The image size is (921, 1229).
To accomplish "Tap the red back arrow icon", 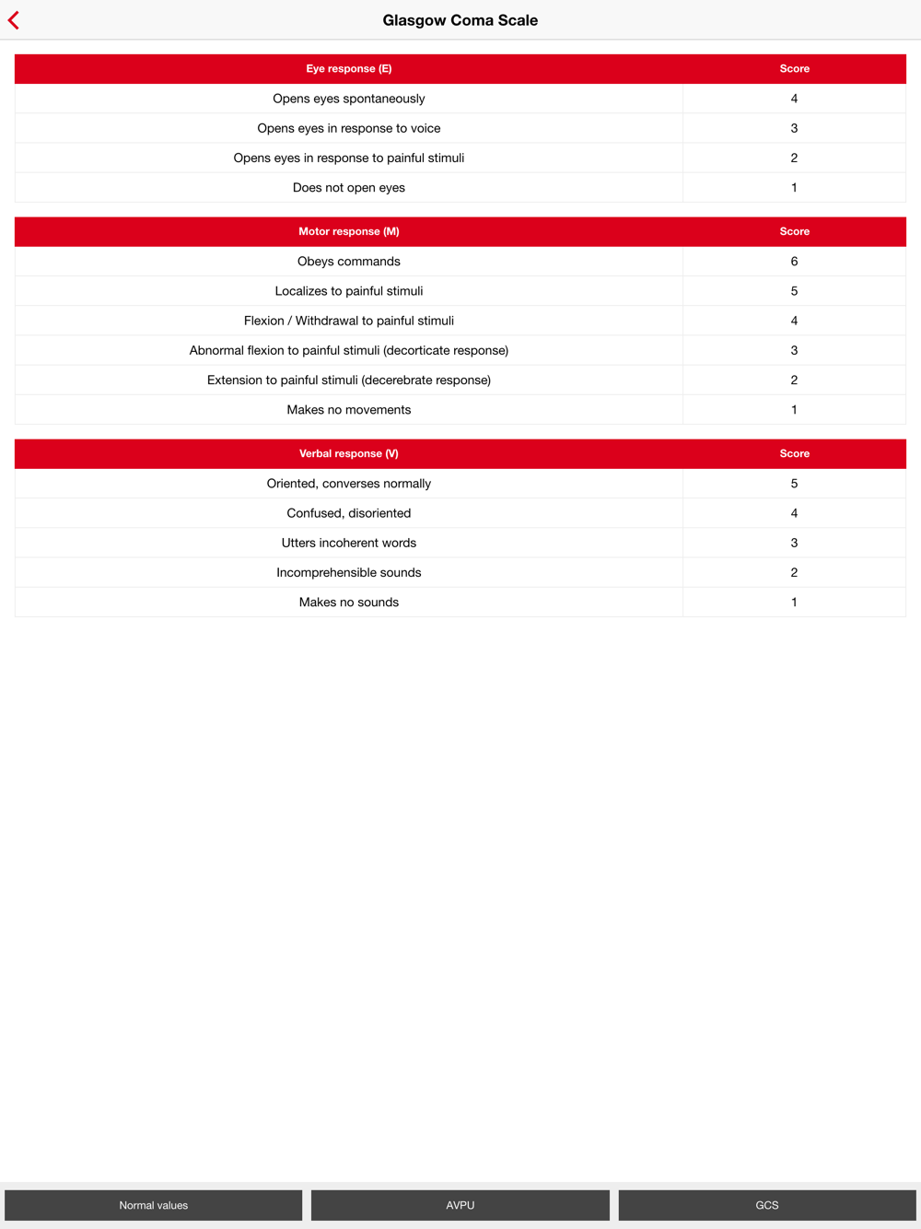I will click(14, 20).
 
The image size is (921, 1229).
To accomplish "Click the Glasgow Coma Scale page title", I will click(460, 20).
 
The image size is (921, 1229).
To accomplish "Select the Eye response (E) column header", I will click(348, 69).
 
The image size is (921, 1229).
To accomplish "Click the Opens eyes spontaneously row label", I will click(348, 99).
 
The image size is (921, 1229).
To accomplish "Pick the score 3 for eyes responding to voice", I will click(794, 128).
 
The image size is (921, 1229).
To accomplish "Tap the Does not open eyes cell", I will click(348, 188).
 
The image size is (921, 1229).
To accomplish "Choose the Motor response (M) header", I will click(348, 232).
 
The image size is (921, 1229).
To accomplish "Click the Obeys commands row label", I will click(348, 262).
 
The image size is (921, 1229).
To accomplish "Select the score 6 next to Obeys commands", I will click(794, 262).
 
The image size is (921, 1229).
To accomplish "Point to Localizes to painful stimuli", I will click(348, 291).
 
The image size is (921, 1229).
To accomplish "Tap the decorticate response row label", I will click(348, 350).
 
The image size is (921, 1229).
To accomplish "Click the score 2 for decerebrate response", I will click(794, 380).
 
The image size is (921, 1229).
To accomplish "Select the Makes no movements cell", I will click(348, 410).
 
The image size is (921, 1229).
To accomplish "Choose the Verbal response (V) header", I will click(348, 454).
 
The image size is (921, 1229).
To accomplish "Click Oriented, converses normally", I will click(348, 484).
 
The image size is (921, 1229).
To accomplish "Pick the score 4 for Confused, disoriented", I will click(794, 513).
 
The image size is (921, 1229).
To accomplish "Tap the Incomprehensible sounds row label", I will click(348, 573).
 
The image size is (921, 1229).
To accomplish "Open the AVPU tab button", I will click(460, 1205).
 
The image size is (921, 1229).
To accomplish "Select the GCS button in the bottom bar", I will click(766, 1205).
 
